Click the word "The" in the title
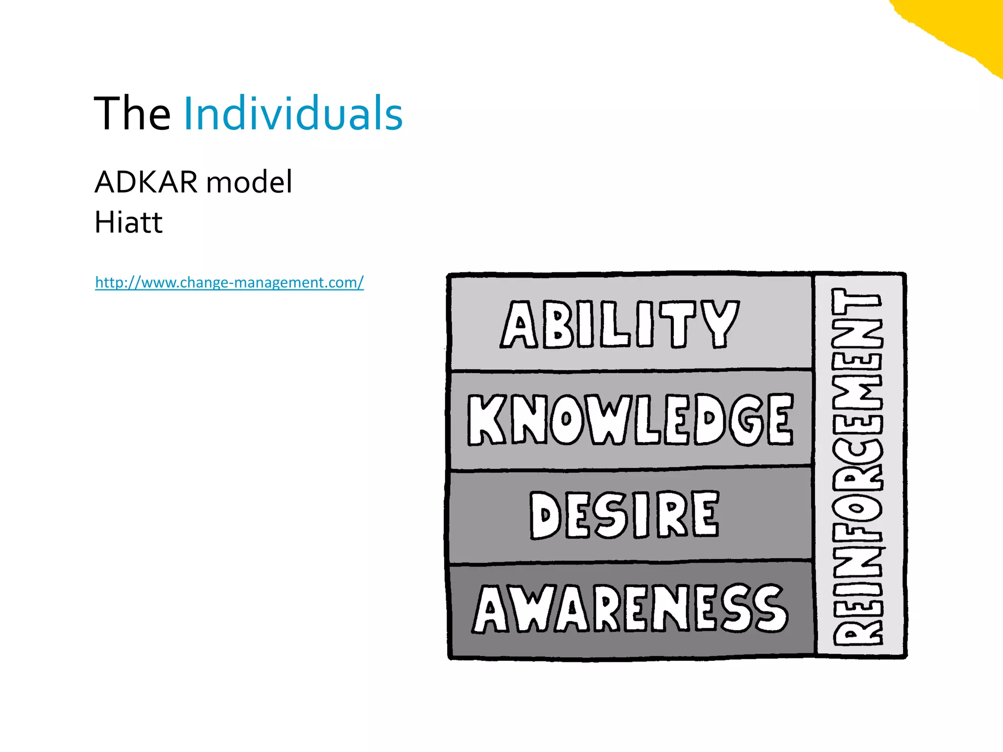pos(132,114)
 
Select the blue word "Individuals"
pos(293,114)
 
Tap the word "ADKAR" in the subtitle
pos(146,182)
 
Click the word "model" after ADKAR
pos(249,182)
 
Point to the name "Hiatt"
pos(128,223)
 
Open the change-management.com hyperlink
pos(229,282)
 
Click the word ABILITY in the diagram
pos(620,324)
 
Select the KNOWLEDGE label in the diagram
pos(630,420)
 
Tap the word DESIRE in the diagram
pos(624,515)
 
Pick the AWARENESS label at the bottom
pos(630,609)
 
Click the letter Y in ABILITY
pos(719,324)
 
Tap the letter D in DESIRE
pos(545,516)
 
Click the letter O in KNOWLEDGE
pos(567,420)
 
